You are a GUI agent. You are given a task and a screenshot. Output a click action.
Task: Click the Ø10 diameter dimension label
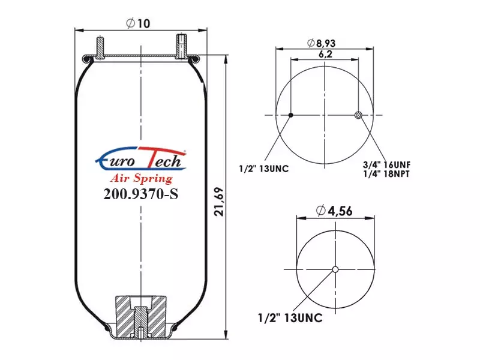click(138, 23)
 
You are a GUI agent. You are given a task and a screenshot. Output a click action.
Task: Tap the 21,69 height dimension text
click(219, 202)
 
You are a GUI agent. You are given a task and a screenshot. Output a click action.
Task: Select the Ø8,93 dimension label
click(322, 43)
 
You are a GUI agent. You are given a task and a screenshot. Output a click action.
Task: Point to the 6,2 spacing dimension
click(325, 54)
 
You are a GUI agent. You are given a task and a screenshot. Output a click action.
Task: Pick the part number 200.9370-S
click(140, 194)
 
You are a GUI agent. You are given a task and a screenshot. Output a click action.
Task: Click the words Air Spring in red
click(141, 178)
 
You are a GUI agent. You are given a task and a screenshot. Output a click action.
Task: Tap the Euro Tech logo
click(141, 158)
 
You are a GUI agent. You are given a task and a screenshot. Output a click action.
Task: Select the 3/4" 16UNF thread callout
click(386, 164)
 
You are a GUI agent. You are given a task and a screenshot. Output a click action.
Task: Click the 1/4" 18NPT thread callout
click(386, 173)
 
